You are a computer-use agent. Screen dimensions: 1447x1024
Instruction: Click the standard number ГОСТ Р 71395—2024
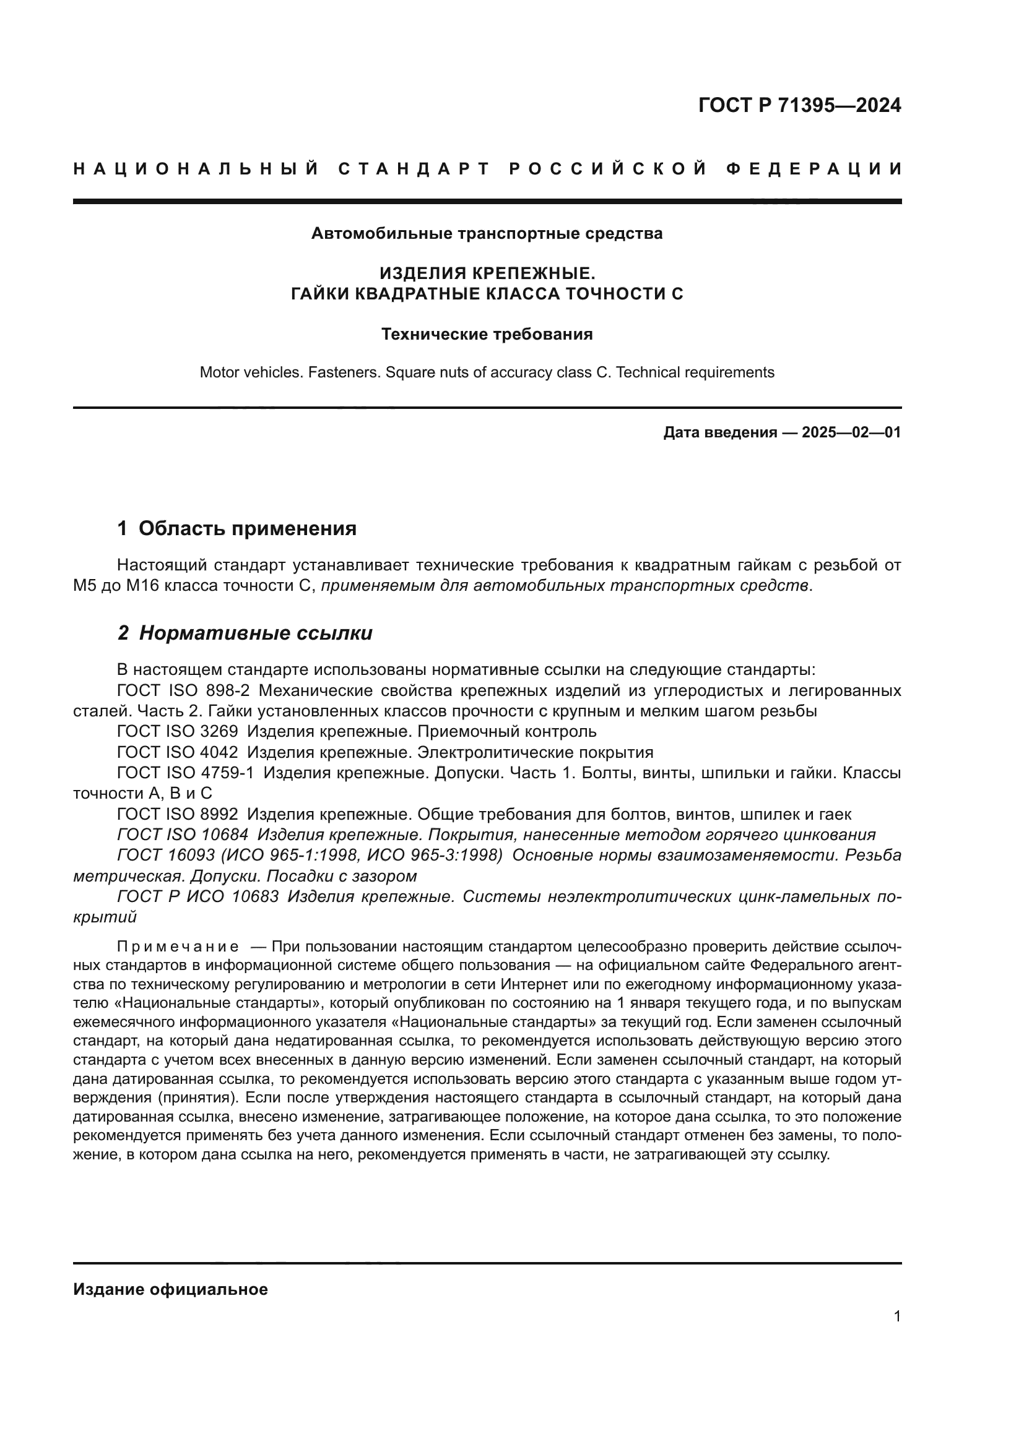point(799,105)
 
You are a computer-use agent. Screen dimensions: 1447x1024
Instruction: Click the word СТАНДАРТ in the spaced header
point(414,169)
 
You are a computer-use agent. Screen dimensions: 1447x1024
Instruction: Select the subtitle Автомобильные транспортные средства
point(487,234)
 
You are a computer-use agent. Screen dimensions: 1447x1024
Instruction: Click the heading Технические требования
point(487,334)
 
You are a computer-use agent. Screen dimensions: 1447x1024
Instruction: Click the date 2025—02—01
point(851,432)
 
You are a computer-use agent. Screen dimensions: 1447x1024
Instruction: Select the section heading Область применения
point(247,528)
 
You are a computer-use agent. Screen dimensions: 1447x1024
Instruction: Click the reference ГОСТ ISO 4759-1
point(185,773)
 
